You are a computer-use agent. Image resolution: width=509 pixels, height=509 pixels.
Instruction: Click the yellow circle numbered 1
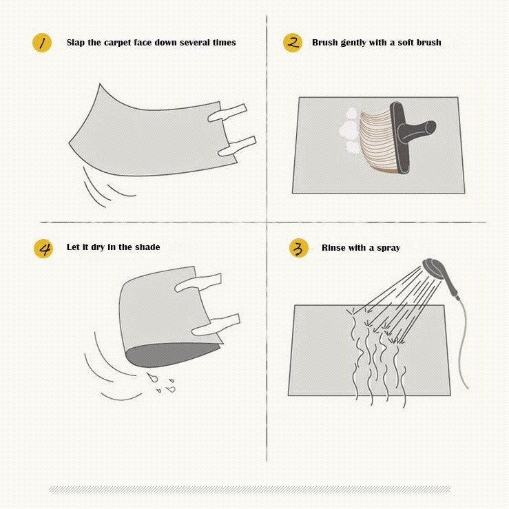click(x=42, y=43)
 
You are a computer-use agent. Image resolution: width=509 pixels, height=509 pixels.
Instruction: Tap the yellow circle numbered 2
click(x=293, y=43)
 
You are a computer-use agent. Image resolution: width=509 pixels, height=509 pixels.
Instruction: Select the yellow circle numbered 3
click(x=299, y=248)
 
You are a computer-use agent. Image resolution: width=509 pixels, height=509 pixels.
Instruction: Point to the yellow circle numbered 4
click(x=43, y=249)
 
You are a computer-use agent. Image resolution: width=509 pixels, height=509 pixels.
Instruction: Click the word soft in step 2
click(x=406, y=43)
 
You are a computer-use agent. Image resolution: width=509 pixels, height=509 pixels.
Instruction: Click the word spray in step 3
click(x=388, y=249)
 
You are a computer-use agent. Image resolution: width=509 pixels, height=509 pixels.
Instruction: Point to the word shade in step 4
click(x=147, y=247)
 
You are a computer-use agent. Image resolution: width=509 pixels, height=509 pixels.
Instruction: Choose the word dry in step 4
click(x=97, y=248)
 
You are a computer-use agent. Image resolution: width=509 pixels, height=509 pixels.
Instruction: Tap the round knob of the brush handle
click(x=429, y=127)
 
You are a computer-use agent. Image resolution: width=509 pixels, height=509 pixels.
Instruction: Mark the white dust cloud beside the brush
click(x=349, y=132)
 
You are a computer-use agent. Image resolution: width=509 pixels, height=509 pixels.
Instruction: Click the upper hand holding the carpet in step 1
click(x=227, y=113)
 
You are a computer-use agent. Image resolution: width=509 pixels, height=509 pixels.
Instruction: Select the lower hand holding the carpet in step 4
click(x=216, y=325)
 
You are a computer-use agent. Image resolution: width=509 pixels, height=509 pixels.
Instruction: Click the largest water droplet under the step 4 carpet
click(x=152, y=377)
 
